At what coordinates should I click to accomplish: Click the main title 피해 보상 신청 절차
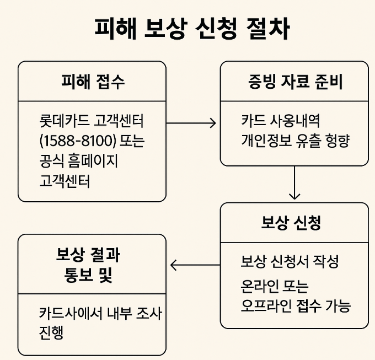187,29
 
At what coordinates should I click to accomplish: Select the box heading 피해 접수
92,82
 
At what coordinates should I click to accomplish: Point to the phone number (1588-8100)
77,141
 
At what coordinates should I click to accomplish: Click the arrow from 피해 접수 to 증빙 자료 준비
190,122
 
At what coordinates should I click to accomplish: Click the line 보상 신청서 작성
290,261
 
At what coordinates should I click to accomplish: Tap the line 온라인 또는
275,287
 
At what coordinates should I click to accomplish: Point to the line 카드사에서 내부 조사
100,313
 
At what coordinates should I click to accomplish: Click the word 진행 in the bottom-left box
51,333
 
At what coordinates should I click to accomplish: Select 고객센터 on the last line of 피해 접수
64,181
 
